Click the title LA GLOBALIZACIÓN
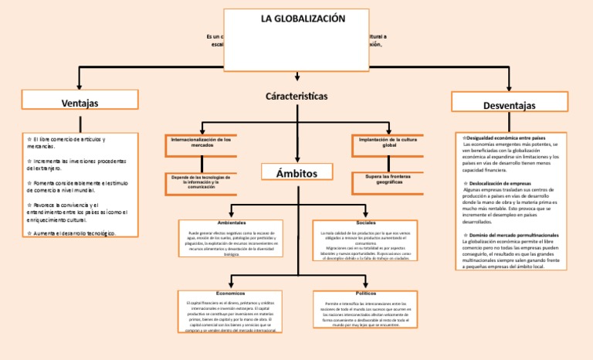point(298,19)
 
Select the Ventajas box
point(80,102)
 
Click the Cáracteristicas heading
point(296,97)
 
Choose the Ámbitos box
point(297,172)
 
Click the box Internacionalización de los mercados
point(201,142)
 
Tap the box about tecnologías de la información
point(201,182)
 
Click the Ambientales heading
point(232,222)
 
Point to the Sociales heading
point(366,222)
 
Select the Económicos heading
point(231,294)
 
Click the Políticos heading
point(366,294)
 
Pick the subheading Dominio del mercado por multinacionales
point(513,234)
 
